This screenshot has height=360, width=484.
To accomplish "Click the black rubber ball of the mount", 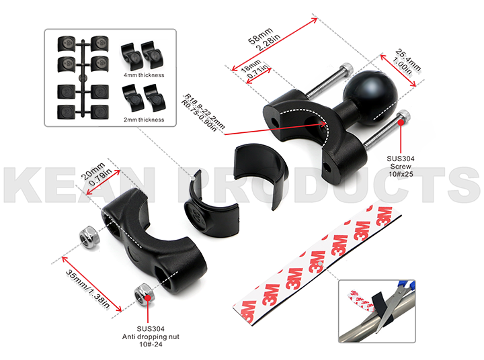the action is point(370,97).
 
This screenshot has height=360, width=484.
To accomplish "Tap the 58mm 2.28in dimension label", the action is point(265,39).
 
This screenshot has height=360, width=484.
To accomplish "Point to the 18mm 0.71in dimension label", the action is point(254,69).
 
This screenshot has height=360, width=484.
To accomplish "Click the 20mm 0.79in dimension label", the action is point(96,175).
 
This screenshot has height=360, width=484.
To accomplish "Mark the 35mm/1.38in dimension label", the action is point(87,289).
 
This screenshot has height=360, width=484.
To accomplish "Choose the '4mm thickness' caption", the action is point(144,75).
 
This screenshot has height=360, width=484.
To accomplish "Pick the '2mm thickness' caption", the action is point(144,120).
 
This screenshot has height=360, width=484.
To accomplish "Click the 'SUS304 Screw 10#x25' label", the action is point(401,167).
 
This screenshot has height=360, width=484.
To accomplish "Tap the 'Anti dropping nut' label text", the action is point(151,336).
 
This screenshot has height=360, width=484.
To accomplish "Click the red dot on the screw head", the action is point(401,122).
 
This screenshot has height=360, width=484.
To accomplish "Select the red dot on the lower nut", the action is point(148,298).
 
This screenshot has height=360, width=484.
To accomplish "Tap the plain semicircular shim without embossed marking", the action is point(261,175).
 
